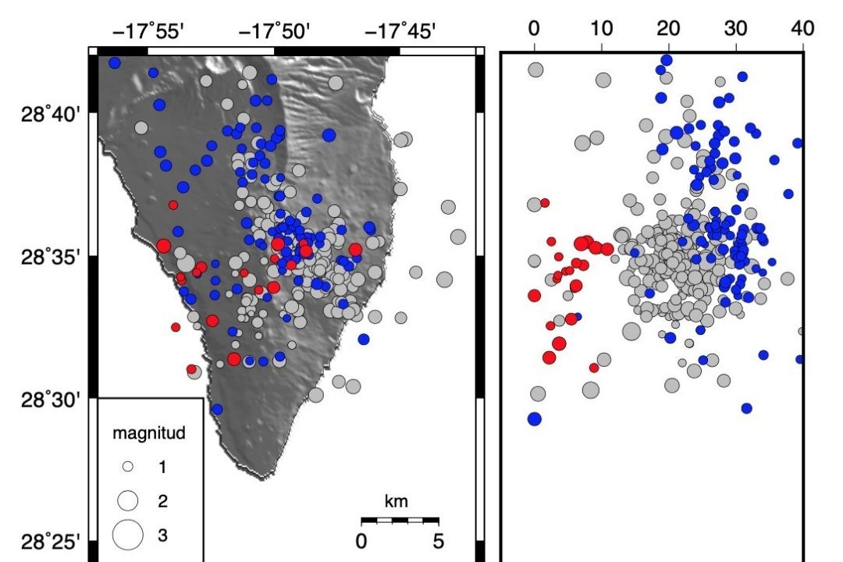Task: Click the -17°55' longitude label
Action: (148, 31)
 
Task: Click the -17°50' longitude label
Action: (275, 31)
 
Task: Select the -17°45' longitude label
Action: (400, 31)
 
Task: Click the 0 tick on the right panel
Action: (534, 29)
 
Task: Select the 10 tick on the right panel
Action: (601, 29)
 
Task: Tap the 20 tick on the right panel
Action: (668, 29)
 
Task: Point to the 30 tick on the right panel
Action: (735, 29)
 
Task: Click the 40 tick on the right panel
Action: (802, 29)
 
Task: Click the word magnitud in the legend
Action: (148, 434)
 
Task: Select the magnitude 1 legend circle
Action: (129, 467)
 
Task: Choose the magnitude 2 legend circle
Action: (128, 500)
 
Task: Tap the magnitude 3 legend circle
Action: (128, 535)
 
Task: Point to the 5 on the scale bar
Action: (438, 540)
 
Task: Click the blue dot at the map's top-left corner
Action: (115, 62)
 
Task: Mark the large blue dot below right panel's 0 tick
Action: (534, 418)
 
